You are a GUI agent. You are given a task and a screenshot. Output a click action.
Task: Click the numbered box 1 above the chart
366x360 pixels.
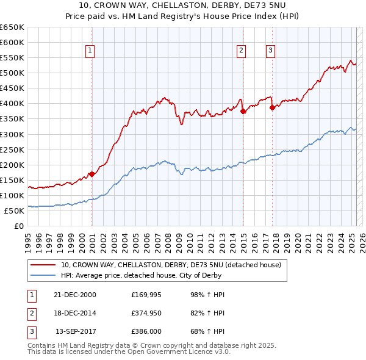coord(90,51)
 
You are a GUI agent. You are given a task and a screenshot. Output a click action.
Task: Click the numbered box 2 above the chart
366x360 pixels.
coord(242,51)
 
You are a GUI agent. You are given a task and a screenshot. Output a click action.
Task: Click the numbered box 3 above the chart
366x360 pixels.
coord(270,51)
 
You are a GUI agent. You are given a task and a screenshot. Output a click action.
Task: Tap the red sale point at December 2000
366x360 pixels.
coord(92,174)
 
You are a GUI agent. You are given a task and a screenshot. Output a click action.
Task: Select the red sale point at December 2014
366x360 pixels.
coord(243,111)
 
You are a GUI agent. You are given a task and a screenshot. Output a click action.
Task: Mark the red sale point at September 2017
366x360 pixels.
coord(273,107)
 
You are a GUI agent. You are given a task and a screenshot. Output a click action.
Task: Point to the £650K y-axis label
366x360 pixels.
coord(12,27)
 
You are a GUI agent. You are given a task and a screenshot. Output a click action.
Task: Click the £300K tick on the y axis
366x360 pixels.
coord(12,134)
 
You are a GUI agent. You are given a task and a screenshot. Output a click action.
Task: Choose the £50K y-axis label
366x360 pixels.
coord(15,211)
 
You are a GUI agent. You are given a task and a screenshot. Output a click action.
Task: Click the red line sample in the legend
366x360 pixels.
coord(43,265)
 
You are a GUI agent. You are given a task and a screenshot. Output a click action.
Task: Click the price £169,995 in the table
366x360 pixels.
coord(146,295)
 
